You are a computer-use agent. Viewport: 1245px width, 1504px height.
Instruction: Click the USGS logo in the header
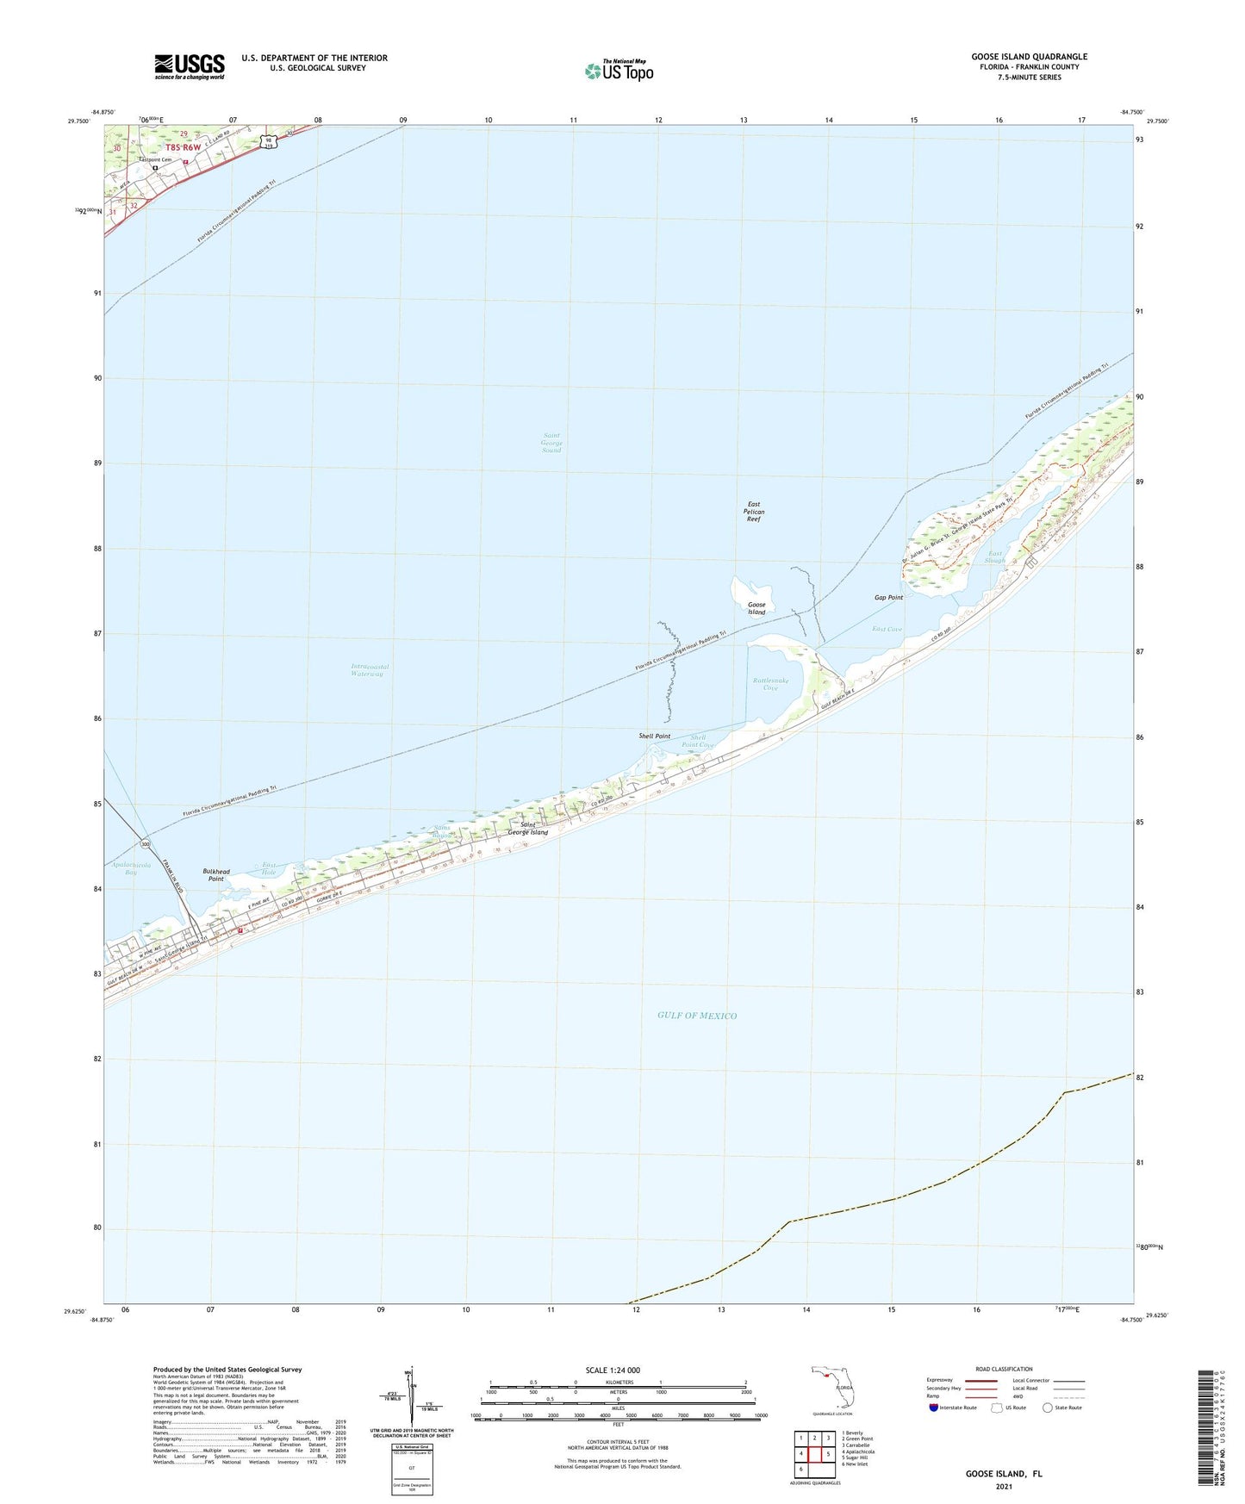[190, 66]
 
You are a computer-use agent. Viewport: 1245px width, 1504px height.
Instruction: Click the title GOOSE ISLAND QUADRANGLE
[1029, 57]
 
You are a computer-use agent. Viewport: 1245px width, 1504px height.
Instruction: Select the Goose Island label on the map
[756, 608]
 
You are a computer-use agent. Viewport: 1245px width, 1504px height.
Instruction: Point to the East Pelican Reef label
[754, 512]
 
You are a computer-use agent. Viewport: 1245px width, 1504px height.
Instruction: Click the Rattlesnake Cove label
[770, 684]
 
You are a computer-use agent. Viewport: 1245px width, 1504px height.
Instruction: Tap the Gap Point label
[888, 597]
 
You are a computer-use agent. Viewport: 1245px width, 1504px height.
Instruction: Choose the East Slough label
[996, 557]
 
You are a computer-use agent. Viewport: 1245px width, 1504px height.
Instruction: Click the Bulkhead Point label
[216, 875]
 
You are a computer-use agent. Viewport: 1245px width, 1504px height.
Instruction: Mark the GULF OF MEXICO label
[697, 1016]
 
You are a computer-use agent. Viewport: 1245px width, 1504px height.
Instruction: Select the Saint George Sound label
[551, 443]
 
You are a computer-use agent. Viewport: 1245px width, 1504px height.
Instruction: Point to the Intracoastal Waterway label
[370, 670]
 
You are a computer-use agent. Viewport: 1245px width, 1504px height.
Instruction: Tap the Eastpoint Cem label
[156, 159]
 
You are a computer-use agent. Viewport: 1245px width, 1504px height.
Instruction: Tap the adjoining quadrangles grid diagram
[813, 1454]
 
